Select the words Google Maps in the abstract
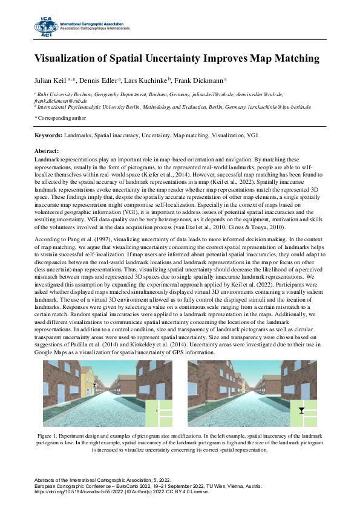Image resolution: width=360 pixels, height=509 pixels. pos(51,352)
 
